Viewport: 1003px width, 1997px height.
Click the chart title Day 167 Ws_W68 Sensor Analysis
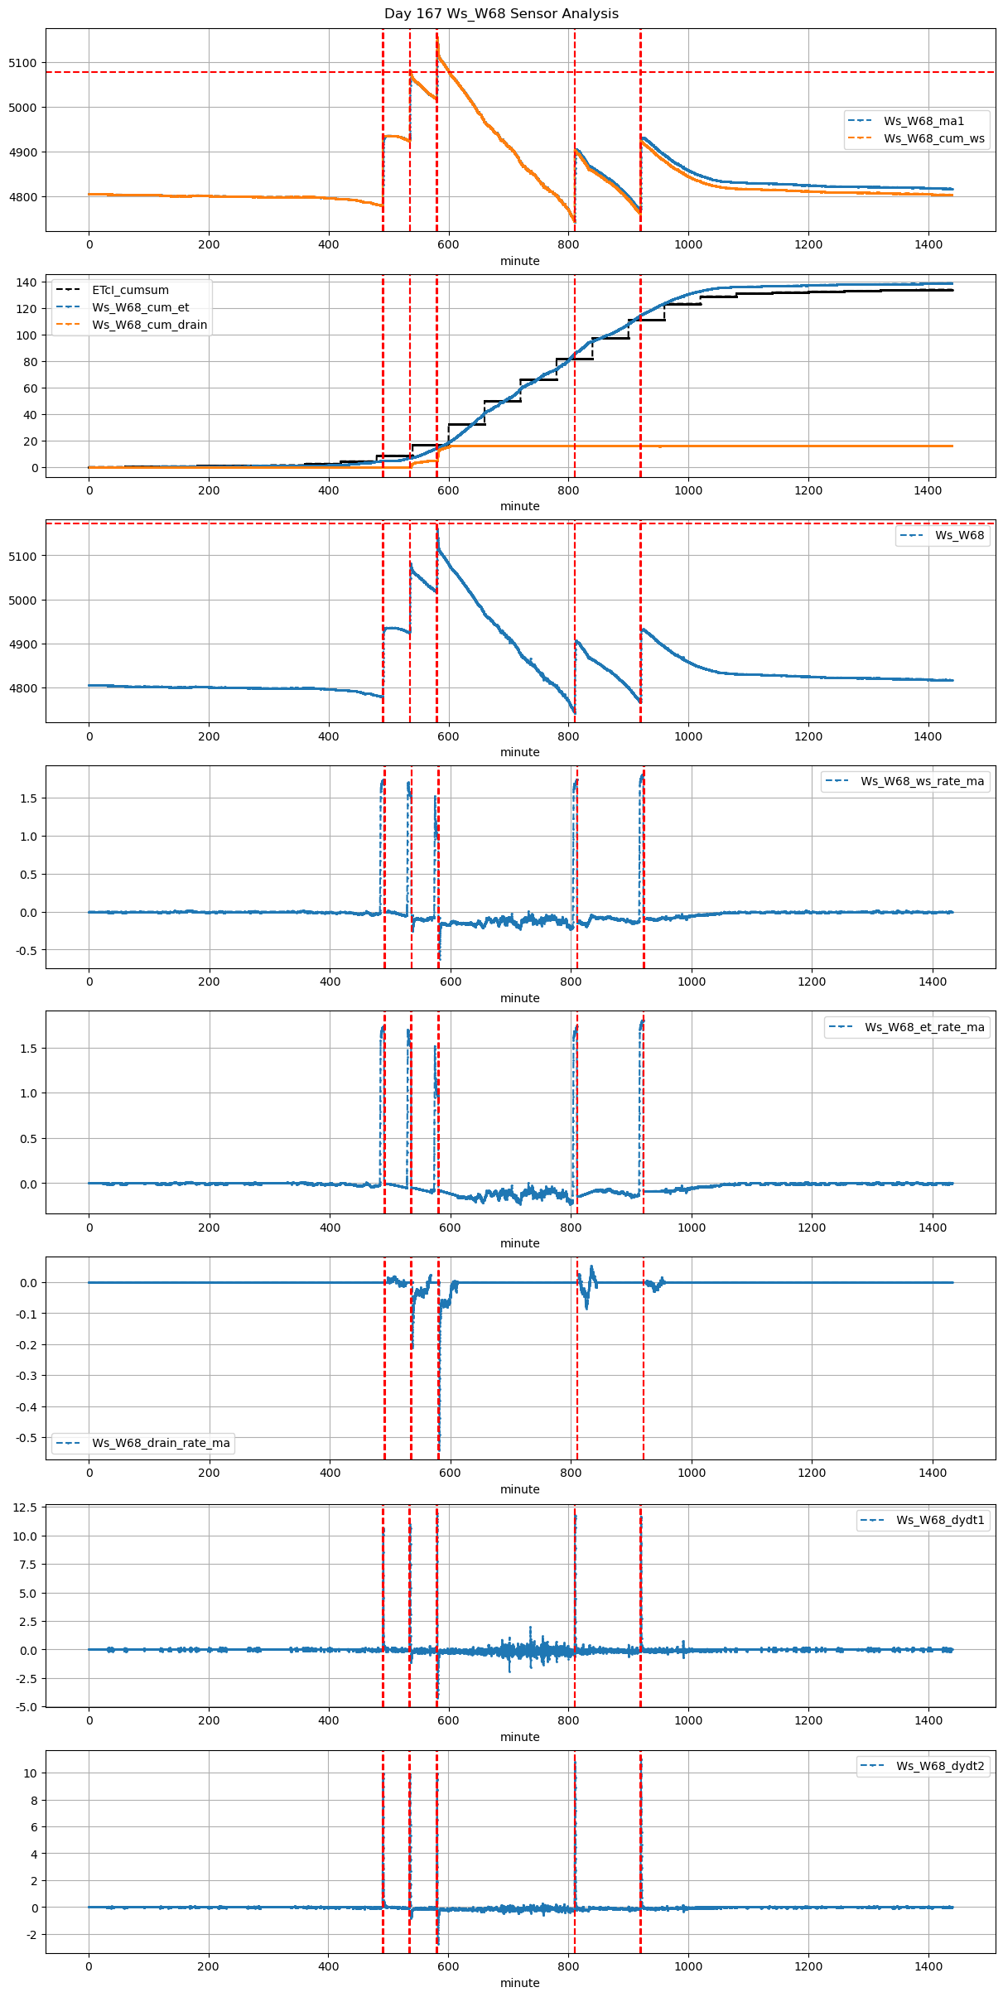click(501, 13)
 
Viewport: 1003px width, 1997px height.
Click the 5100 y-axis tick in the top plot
click(22, 63)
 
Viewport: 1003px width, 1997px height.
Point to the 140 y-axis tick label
click(27, 282)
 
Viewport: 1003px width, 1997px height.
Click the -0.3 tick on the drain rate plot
click(26, 1376)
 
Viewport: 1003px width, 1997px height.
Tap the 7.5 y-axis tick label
click(27, 1565)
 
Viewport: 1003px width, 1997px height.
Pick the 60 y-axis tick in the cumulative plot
click(30, 388)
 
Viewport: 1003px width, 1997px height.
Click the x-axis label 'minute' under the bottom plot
click(519, 1983)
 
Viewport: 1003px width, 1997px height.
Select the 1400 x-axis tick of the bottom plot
click(928, 1966)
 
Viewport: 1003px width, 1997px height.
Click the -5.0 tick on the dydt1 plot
click(25, 1707)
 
